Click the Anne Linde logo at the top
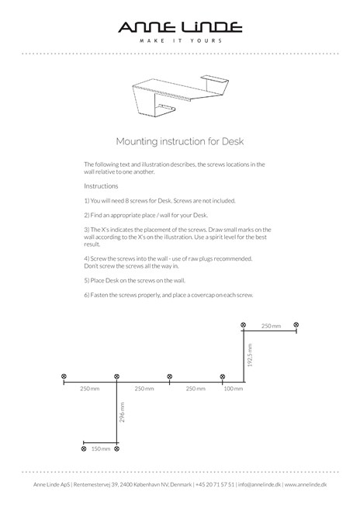pos(180,27)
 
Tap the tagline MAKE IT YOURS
pos(181,40)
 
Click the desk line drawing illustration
pos(180,95)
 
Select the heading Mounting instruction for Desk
pos(180,141)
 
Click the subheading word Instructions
pos(101,186)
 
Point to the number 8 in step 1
pos(127,201)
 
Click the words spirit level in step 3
pos(222,237)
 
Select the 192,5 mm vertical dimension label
pos(250,355)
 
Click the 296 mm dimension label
pos(122,412)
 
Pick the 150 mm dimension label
pos(101,449)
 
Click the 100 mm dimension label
pos(234,389)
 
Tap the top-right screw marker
pos(296,324)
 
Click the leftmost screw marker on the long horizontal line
pos(64,376)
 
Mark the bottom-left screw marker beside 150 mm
pos(84,449)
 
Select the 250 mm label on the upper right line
pos(271,326)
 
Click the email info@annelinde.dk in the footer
pos(259,484)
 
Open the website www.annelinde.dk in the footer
pos(306,484)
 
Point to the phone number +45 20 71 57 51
pos(215,484)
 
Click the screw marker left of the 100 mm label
pos(223,376)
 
